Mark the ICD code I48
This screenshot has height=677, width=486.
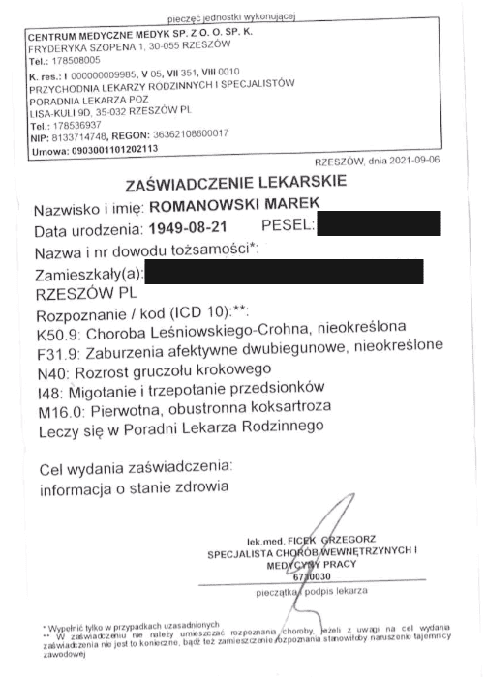tap(45, 390)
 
